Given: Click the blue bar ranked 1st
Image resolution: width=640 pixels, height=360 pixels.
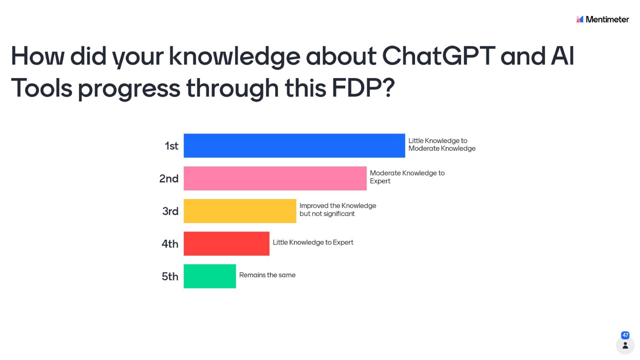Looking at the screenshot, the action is click(294, 146).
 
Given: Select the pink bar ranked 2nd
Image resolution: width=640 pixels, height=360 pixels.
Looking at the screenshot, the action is click(275, 178).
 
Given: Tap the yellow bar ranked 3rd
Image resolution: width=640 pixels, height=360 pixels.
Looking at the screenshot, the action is click(240, 211).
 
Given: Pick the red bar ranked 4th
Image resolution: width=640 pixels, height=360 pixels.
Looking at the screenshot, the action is click(227, 244).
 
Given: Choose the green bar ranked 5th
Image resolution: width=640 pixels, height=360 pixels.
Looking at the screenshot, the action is click(210, 276).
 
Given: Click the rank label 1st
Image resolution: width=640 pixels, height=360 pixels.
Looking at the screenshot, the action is click(172, 146).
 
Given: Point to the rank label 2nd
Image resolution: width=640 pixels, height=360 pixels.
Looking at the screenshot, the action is click(169, 178).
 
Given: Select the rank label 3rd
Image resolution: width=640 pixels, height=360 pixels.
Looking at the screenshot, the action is click(170, 211).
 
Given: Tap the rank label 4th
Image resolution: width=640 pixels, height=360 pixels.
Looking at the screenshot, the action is click(170, 244).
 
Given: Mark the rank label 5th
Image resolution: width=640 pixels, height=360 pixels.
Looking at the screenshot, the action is click(170, 277).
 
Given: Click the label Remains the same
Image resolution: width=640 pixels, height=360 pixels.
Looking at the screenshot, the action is click(267, 275).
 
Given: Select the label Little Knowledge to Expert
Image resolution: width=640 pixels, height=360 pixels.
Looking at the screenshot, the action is click(313, 242).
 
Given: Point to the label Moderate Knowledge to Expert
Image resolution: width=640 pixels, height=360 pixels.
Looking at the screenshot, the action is click(407, 177).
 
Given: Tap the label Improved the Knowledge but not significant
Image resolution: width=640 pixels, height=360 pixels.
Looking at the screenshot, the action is click(338, 210).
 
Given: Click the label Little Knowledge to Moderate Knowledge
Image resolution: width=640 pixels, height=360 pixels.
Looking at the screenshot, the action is click(442, 144).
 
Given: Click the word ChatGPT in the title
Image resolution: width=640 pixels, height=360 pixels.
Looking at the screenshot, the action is click(438, 56).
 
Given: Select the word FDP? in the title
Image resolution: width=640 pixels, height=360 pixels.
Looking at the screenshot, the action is click(363, 88).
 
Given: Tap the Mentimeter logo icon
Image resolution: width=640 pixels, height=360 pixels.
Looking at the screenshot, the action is click(580, 19).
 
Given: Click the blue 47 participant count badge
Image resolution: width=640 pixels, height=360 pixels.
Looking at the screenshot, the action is click(625, 335).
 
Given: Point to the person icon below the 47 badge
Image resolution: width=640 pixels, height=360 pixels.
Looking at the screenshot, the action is click(625, 346).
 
